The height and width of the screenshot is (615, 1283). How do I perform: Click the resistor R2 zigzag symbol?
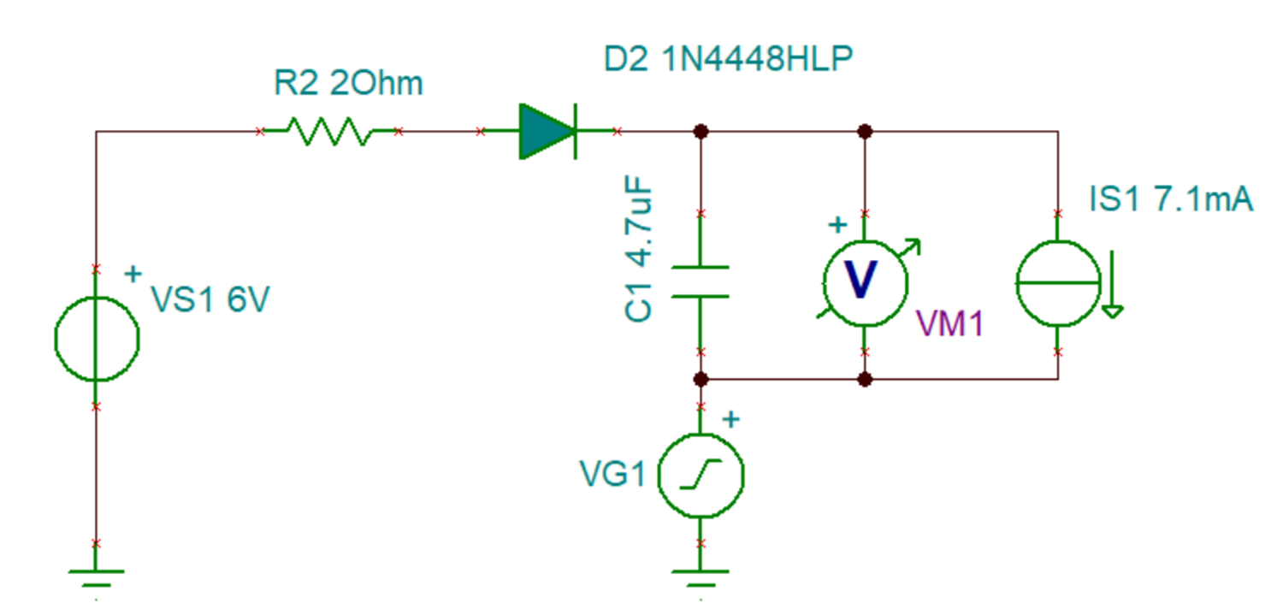coord(328,131)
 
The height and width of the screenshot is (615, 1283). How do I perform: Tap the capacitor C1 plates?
coord(700,282)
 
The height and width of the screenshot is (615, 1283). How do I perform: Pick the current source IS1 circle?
coord(1058,282)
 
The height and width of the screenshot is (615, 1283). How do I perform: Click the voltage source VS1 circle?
coord(96,338)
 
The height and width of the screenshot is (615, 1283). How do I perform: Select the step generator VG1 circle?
coord(700,475)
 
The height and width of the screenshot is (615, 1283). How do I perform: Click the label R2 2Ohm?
coord(347,84)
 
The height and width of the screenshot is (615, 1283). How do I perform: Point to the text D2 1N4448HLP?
coord(728,59)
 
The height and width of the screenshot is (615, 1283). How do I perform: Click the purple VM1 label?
coord(949,323)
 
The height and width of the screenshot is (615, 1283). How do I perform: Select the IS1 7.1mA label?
coord(1171,200)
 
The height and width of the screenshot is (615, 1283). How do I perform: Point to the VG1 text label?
coord(612,473)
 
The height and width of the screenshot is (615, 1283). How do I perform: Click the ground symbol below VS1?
coord(96,577)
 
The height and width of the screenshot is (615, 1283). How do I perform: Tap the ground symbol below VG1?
coord(700,577)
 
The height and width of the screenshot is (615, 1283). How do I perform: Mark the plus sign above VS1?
coord(133,274)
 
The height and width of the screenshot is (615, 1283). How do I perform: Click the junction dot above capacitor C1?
coord(701,131)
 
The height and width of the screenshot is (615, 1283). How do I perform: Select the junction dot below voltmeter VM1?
coord(865,378)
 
